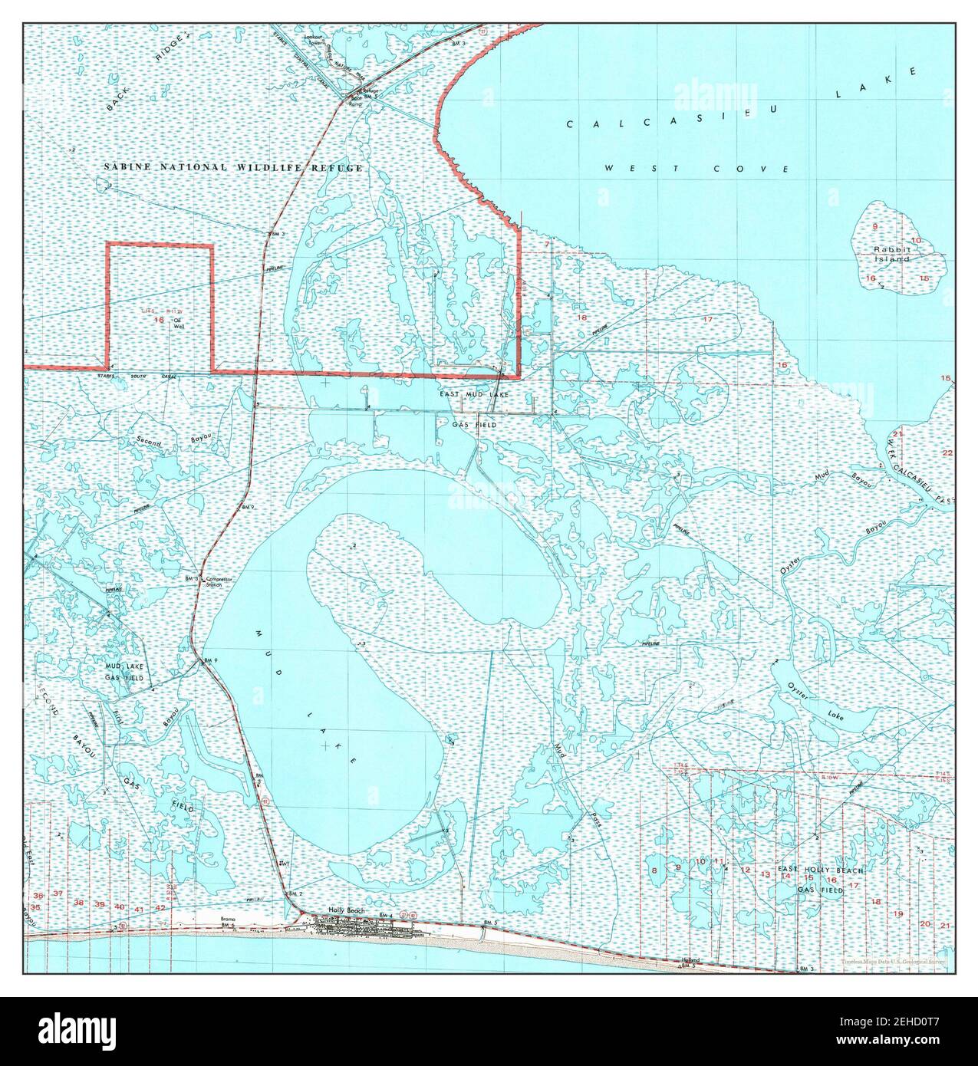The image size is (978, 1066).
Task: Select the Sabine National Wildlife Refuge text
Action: coord(233,166)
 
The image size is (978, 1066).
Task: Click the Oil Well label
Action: coord(179,322)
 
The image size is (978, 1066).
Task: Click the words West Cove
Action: coord(696,168)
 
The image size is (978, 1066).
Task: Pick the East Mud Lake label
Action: coord(473,394)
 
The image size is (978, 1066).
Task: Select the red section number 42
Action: coord(160,908)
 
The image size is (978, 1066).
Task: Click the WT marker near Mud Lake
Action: coord(285,864)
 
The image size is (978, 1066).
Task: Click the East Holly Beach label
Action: coord(821,871)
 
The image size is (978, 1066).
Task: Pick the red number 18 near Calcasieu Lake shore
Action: coord(581,317)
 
